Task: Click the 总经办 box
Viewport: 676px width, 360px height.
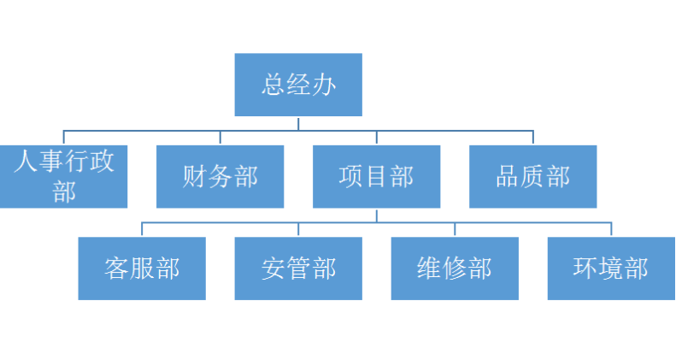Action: pos(298,85)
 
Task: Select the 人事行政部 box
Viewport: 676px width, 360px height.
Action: pos(63,177)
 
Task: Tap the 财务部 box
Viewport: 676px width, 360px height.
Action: pos(220,177)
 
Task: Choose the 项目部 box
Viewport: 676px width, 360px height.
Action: pos(376,177)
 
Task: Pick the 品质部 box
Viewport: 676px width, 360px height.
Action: pos(532,177)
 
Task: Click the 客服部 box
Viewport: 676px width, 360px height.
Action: pos(142,269)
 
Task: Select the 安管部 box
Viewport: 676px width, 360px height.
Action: pos(298,269)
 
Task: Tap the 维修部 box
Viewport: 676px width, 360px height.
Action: pos(455,269)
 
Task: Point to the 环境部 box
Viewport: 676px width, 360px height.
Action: pos(611,269)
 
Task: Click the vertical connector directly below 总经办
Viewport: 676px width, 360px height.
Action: pos(298,123)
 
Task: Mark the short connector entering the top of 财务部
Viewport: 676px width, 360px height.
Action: pos(220,138)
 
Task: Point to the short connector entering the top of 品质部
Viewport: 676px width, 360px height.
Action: pos(532,138)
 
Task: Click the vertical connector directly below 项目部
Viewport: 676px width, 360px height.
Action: pos(376,215)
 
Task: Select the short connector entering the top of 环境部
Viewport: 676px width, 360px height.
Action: pos(611,230)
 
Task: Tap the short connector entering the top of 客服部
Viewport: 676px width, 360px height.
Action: pos(142,230)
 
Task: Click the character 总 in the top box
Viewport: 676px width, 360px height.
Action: pos(273,86)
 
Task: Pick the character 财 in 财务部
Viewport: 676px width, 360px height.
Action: pos(195,177)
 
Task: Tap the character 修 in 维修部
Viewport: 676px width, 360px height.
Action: pos(455,269)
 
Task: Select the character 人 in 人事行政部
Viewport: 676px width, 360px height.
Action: pos(26,162)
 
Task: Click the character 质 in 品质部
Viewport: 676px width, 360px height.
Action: pos(532,177)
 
